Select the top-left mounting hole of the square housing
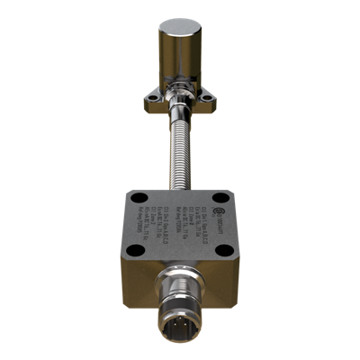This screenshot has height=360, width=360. coord(137,199)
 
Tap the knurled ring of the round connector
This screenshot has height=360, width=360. coord(180,301)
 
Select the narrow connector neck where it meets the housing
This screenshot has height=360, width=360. coord(180,274)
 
